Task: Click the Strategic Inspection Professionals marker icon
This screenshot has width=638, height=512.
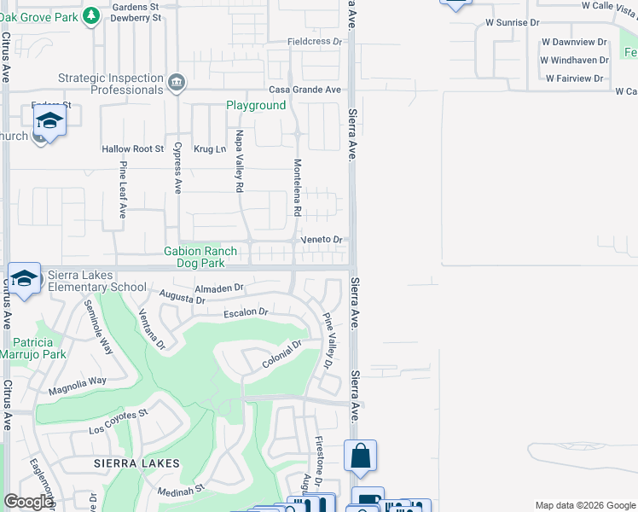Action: (177, 83)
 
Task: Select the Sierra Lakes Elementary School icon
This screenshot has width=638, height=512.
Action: (24, 279)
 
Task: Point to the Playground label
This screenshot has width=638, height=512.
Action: (255, 106)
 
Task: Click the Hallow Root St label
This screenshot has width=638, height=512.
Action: (132, 149)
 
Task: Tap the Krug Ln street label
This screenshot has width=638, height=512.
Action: (209, 149)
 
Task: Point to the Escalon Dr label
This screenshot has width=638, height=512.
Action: (246, 313)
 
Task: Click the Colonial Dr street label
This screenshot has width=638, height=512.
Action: (282, 355)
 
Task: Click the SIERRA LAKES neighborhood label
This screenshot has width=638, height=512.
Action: (137, 463)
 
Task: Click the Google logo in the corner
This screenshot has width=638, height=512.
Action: (28, 502)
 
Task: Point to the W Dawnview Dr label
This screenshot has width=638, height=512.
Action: (574, 42)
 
